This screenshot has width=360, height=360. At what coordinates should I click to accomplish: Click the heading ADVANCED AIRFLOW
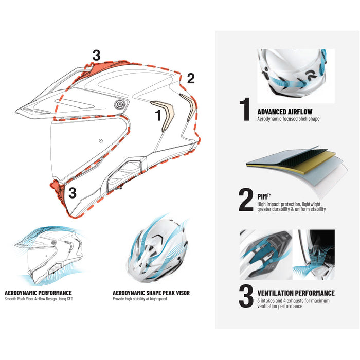point(285,112)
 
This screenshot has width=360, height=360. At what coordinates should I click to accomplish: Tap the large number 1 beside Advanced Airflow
point(245,109)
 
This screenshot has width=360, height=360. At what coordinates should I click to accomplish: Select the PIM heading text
point(264,196)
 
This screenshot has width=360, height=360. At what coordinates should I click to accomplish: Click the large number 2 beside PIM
point(246,200)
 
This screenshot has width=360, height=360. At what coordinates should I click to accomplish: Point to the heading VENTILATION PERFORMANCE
point(296,293)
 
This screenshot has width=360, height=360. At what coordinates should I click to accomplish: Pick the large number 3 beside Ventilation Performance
point(246,296)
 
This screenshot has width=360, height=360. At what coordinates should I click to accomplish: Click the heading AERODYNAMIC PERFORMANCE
point(38,293)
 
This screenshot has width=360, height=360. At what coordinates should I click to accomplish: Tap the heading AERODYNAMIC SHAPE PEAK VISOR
point(151,293)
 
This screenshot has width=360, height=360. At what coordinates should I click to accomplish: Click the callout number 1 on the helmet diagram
point(158,115)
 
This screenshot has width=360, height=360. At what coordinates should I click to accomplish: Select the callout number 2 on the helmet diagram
point(191,79)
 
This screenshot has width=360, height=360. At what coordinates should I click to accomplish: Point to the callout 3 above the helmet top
point(97,56)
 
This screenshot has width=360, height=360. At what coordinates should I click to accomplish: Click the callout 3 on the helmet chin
point(73,193)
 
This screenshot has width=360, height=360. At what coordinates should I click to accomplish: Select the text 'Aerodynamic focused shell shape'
point(289,119)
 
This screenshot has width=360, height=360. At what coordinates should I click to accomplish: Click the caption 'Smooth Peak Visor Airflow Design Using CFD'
point(39,299)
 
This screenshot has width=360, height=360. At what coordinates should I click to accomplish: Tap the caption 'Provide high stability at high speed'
point(139,299)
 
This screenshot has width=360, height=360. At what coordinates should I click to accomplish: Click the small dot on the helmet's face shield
point(101,141)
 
